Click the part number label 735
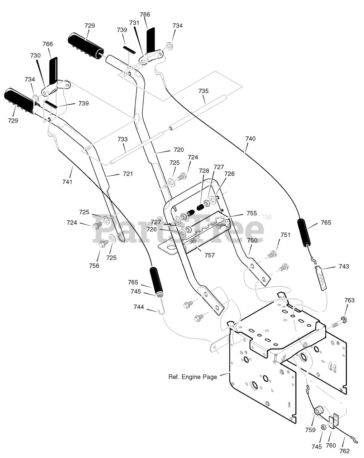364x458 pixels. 203,91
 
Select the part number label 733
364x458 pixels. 123,139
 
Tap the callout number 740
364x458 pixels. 250,138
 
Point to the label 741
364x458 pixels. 67,182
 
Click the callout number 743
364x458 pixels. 344,266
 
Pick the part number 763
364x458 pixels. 350,300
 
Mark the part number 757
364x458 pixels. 210,255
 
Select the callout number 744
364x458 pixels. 139,307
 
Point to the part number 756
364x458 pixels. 94,265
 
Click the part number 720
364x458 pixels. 178,150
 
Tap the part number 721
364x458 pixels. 128,174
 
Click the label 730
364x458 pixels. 35,55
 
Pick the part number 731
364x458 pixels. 134,23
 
